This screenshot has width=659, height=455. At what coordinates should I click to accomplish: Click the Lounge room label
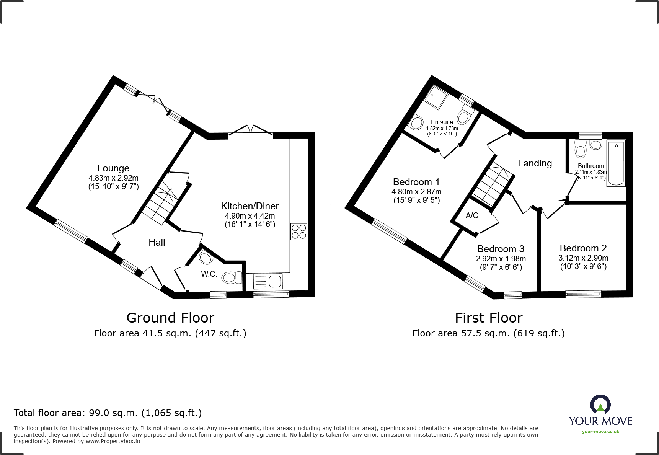[x=113, y=168]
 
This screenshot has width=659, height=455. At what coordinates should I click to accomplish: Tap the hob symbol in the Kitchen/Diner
[x=299, y=232]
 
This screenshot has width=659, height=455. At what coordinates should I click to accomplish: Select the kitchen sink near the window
[x=268, y=282]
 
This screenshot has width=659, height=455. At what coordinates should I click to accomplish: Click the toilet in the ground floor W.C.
[x=231, y=277]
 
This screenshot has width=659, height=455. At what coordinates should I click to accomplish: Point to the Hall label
[x=157, y=242]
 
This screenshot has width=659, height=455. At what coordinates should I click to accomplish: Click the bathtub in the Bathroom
[x=616, y=163]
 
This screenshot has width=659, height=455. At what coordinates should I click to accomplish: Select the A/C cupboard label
[x=472, y=215]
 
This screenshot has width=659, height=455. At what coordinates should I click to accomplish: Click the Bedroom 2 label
[x=583, y=248]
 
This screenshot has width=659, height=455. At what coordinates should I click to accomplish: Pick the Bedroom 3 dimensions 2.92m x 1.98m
[x=501, y=259]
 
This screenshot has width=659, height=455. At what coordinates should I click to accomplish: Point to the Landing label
[x=535, y=163]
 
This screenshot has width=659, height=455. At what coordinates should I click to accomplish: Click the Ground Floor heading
[x=170, y=318]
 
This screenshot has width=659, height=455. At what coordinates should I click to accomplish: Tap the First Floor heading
[x=489, y=318]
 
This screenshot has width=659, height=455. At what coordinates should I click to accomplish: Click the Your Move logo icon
[x=600, y=405]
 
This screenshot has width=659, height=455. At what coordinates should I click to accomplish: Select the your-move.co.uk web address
[x=600, y=432]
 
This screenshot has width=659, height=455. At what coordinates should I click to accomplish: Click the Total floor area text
[x=108, y=413]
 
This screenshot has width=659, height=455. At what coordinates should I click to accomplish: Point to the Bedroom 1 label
[x=416, y=182]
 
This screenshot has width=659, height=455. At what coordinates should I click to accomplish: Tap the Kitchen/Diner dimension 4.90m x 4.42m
[x=250, y=216]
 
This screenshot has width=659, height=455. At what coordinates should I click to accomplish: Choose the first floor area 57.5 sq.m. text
[x=488, y=333]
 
